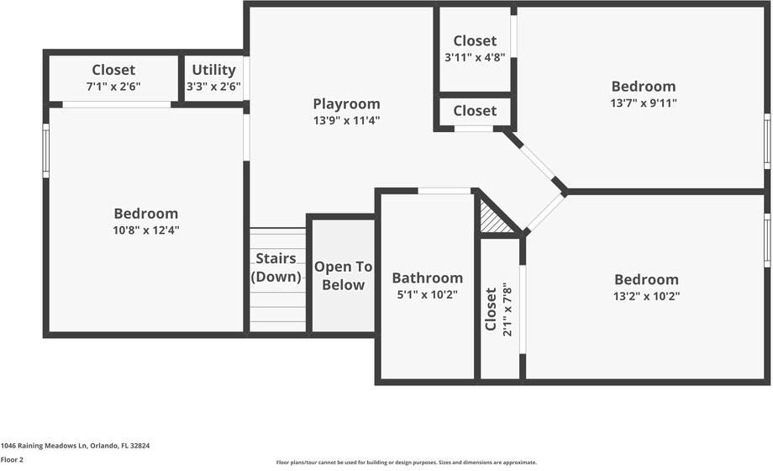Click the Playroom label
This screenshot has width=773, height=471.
click(x=346, y=104)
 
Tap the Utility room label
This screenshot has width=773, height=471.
click(x=213, y=70)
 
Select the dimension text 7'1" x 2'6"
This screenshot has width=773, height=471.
click(x=113, y=87)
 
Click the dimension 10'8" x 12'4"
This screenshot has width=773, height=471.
click(x=146, y=230)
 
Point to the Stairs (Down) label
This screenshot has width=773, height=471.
click(x=276, y=267)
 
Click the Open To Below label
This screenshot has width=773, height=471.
click(x=343, y=276)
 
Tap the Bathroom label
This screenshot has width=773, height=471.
click(x=428, y=278)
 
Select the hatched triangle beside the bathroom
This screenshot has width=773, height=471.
click(x=494, y=218)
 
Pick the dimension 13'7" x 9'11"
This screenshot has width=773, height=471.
click(x=644, y=103)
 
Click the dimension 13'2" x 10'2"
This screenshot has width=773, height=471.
click(x=646, y=296)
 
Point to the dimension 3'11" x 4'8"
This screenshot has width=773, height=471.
click(x=475, y=58)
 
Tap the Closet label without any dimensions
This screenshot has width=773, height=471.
click(x=475, y=110)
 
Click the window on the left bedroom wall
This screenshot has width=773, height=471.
click(x=46, y=151)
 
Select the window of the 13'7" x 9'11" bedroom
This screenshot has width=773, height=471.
click(x=768, y=141)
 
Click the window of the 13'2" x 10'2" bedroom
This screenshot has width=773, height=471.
click(x=768, y=241)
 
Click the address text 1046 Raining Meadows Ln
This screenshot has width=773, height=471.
click(x=45, y=446)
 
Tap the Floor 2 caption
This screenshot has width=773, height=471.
click(x=12, y=459)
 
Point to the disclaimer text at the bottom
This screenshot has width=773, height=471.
click(x=406, y=463)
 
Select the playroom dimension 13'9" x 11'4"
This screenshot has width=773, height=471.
click(x=346, y=120)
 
